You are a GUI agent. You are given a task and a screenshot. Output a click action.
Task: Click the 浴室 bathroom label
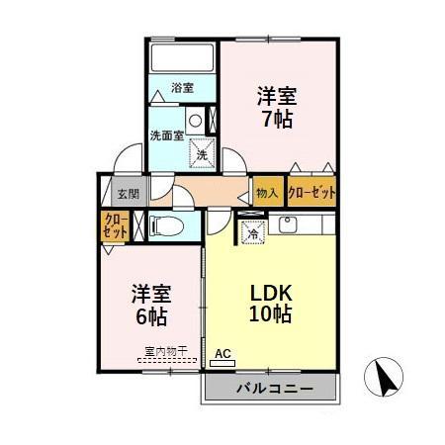(182, 88)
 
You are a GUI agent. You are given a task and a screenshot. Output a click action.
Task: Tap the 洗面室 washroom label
(166, 134)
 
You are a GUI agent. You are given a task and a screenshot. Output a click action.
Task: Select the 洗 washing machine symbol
(202, 154)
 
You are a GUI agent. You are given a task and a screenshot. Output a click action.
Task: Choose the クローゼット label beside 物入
(311, 193)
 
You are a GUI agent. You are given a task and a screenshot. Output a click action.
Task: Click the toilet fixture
(168, 226)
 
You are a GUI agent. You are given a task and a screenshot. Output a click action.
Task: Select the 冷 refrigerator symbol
(252, 234)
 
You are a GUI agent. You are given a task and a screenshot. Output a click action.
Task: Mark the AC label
(222, 353)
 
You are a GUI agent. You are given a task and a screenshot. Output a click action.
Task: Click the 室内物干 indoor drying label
(163, 351)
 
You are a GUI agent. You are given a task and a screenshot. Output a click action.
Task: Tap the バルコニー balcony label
(274, 389)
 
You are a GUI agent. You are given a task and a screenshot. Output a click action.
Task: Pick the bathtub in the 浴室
(182, 57)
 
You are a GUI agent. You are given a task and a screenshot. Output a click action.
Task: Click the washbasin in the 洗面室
(195, 122)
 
